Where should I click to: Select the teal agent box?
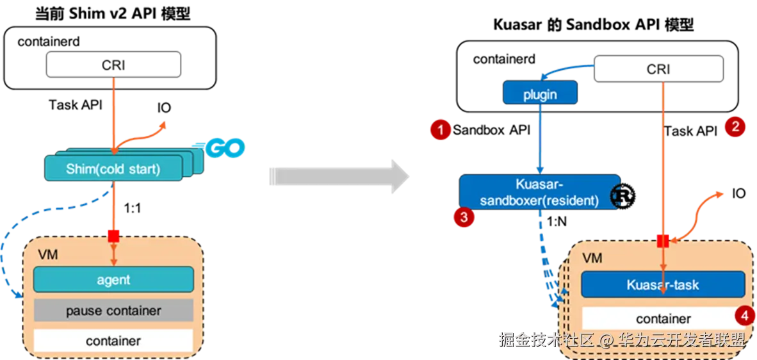click(113, 280)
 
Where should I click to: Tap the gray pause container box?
click(113, 311)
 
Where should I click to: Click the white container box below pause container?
click(113, 341)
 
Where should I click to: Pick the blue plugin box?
click(540, 94)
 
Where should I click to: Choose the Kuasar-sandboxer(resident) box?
click(539, 192)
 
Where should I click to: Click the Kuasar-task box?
click(663, 284)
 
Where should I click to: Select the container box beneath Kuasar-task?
click(663, 318)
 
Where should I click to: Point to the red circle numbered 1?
click(441, 130)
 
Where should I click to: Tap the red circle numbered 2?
click(735, 127)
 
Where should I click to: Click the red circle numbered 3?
click(463, 217)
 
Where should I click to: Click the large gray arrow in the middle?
click(338, 176)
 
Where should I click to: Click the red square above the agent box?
click(113, 236)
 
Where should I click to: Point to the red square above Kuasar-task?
click(662, 240)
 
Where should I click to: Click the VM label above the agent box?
click(47, 255)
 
